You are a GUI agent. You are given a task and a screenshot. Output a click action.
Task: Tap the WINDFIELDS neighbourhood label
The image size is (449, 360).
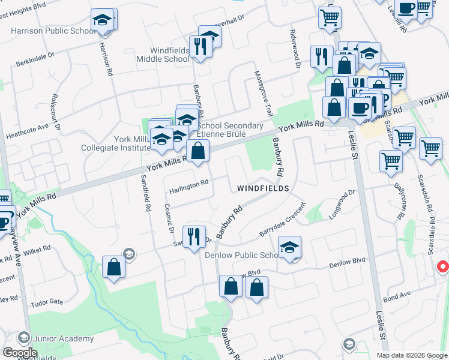263,188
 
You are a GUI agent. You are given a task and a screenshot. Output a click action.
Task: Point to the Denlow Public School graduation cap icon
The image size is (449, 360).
290,248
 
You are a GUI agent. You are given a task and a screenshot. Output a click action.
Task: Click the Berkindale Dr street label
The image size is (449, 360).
40,63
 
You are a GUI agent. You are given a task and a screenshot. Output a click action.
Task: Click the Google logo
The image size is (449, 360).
20,353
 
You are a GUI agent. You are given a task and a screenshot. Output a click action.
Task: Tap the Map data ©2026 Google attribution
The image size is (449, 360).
411,355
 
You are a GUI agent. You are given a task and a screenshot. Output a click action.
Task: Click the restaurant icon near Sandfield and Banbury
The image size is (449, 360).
194,236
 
